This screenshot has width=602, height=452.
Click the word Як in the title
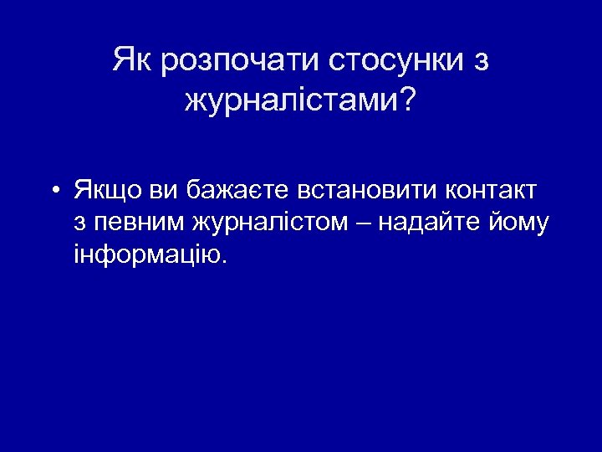pyautogui.click(x=131, y=60)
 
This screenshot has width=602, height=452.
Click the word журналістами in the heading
pyautogui.click(x=291, y=101)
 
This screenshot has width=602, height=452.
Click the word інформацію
pyautogui.click(x=146, y=254)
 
